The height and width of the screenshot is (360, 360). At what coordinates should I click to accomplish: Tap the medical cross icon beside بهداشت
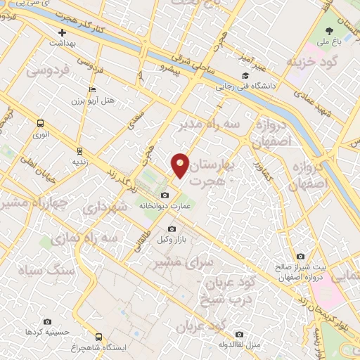tap(63, 32)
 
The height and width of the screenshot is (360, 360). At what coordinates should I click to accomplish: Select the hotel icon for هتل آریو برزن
tap(92, 90)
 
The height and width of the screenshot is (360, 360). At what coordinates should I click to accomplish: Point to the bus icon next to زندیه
tap(79, 150)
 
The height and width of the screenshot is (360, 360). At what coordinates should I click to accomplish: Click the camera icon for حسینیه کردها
tap(47, 321)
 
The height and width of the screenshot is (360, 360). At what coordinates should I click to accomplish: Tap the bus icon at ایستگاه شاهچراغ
tap(98, 337)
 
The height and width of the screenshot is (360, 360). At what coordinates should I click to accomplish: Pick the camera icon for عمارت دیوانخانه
tap(165, 195)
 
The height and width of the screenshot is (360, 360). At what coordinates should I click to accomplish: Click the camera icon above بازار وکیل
tap(171, 229)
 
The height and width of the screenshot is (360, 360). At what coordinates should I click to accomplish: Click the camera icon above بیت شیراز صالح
tap(300, 256)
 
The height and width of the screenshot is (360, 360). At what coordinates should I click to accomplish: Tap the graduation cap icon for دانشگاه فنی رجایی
tap(245, 76)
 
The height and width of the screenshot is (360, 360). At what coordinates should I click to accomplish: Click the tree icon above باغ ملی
tap(330, 31)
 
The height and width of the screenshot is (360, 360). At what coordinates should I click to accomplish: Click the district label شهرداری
tap(105, 209)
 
